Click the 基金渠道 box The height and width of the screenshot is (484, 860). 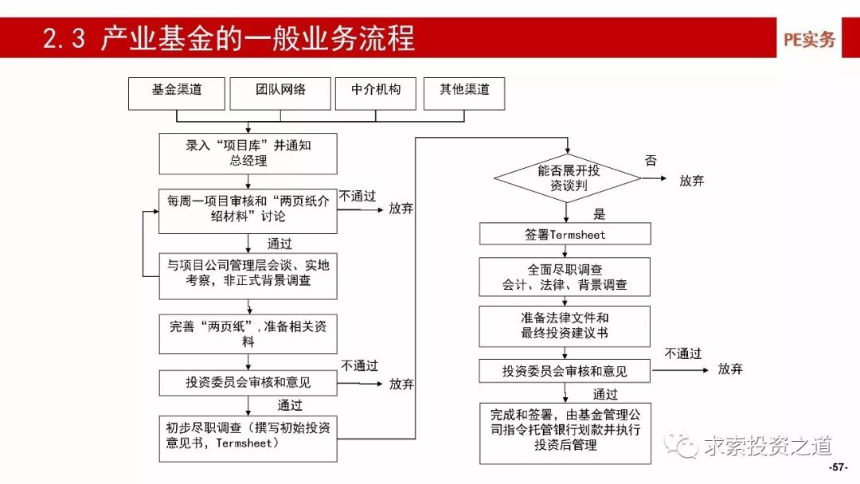click(x=177, y=93)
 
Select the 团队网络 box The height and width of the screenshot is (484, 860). click(x=280, y=93)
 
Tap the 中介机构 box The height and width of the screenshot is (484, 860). click(x=376, y=93)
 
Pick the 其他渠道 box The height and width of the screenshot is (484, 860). click(x=464, y=93)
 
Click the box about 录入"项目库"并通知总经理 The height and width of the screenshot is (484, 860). click(x=248, y=154)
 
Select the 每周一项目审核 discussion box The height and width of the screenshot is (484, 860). click(x=248, y=210)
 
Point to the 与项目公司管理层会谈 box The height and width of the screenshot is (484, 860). click(x=248, y=275)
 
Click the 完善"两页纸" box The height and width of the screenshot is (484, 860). click(x=248, y=334)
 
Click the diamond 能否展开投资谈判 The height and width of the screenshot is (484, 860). click(x=567, y=178)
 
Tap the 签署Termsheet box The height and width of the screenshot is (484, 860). click(x=565, y=234)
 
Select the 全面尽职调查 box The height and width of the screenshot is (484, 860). click(x=565, y=277)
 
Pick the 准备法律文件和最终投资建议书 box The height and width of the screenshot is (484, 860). click(x=565, y=326)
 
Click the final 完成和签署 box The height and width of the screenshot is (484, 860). click(x=565, y=433)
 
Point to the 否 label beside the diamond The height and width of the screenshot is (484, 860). click(x=651, y=161)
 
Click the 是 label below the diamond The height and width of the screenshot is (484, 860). click(x=600, y=214)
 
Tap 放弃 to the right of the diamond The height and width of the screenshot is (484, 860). click(x=691, y=181)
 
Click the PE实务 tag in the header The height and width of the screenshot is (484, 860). click(x=809, y=40)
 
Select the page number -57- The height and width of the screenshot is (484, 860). click(x=838, y=466)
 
